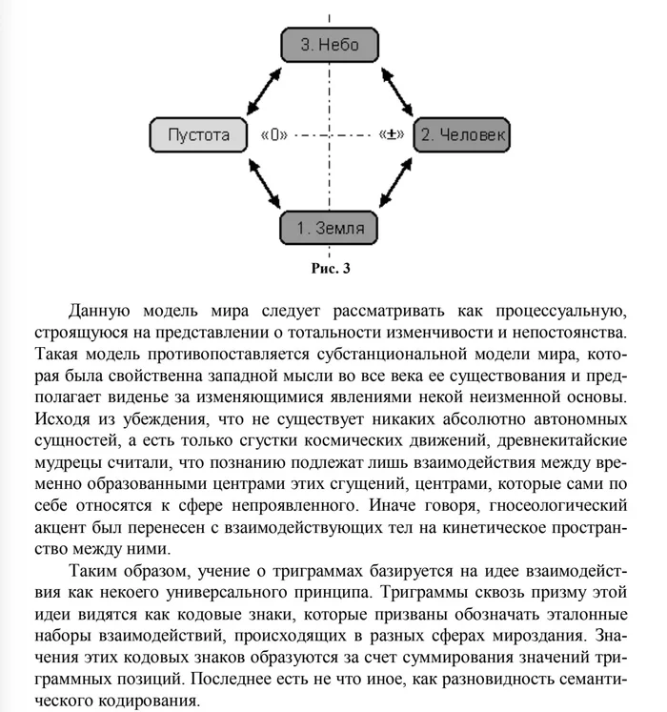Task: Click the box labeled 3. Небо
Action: (330, 45)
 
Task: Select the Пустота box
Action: (198, 134)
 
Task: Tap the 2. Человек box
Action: (464, 134)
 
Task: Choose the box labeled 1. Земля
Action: (330, 228)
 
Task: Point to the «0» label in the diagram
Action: (273, 135)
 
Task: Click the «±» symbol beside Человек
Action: (392, 135)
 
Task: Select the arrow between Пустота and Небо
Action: (258, 88)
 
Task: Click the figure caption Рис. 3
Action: (331, 268)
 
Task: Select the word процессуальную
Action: (558, 312)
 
